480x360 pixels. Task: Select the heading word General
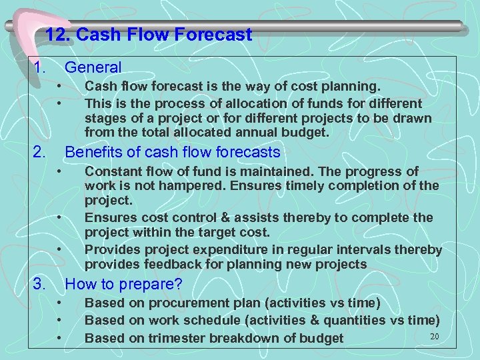pos(93,67)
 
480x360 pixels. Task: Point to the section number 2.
pos(39,153)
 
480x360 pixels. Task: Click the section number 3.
pos(39,285)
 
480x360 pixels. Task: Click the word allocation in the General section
pos(207,104)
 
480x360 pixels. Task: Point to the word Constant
pos(114,172)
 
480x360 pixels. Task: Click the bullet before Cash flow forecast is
pos(59,87)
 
